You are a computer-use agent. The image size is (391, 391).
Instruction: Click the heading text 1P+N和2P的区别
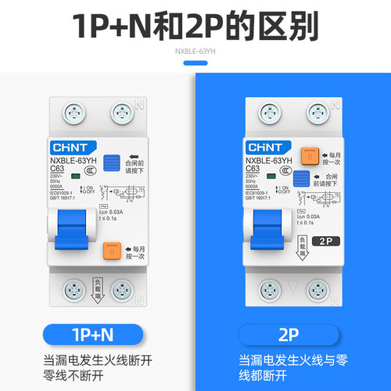click(195, 27)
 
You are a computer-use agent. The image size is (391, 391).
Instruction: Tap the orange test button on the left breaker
click(112, 251)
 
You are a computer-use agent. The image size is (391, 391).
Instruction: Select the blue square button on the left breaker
click(112, 163)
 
